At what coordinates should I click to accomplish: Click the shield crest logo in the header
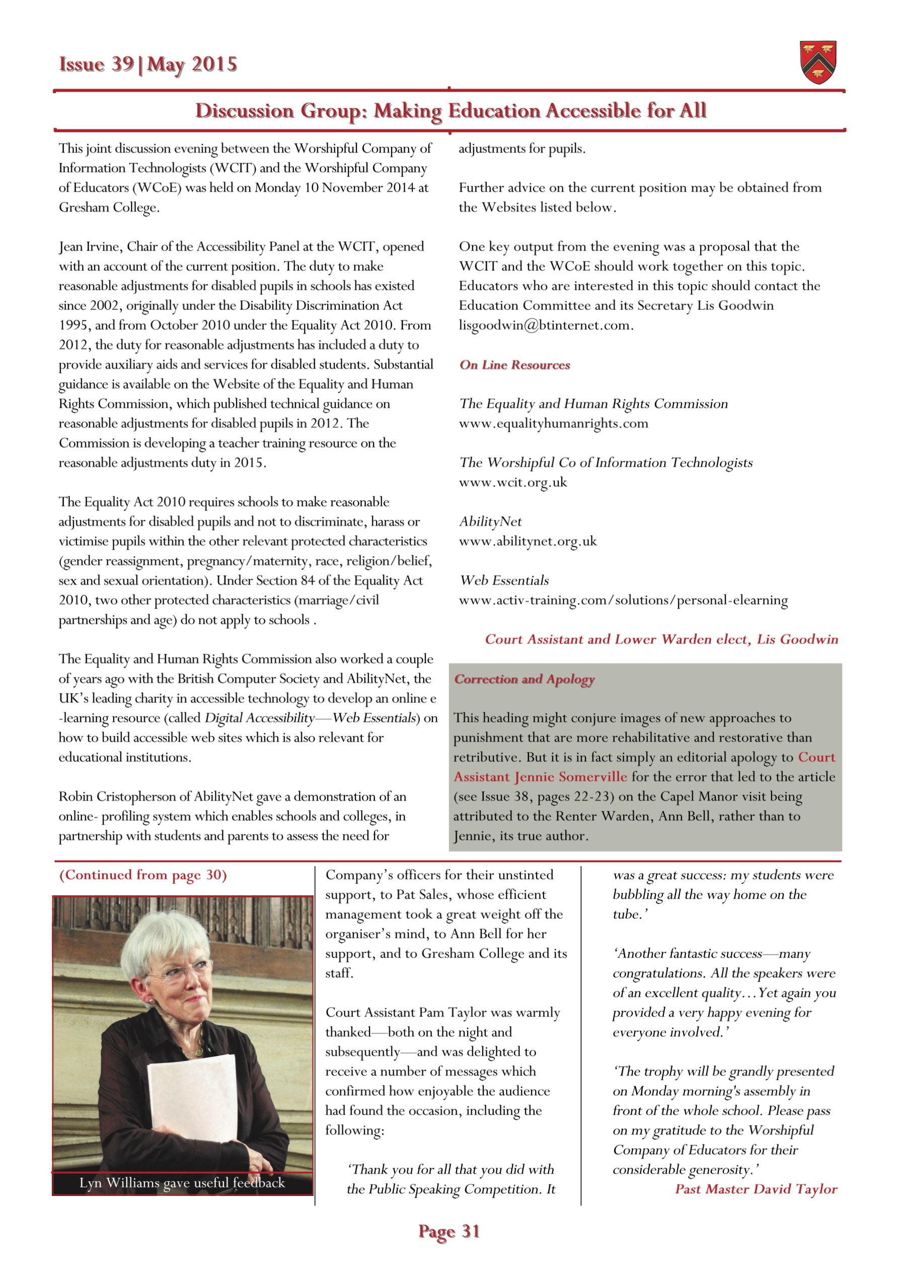[818, 62]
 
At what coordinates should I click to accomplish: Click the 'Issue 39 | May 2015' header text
[148, 65]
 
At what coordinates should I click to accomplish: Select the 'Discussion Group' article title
[451, 111]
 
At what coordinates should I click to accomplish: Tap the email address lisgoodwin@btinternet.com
[546, 325]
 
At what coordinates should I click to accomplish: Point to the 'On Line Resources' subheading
[514, 365]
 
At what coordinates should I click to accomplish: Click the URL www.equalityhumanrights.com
[553, 423]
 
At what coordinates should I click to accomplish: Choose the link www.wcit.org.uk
[513, 482]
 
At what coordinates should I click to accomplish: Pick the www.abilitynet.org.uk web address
[528, 541]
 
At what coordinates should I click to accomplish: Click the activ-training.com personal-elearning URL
[623, 600]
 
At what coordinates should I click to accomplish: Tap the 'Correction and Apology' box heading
[524, 679]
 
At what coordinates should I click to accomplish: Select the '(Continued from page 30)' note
[143, 875]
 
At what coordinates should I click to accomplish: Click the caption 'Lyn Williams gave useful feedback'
[182, 1183]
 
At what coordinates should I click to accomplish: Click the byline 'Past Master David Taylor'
[756, 1189]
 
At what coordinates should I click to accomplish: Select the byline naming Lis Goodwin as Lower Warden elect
[661, 640]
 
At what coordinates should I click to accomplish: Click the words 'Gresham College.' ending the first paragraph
[109, 208]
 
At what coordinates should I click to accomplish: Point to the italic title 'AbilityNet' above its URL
[490, 521]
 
